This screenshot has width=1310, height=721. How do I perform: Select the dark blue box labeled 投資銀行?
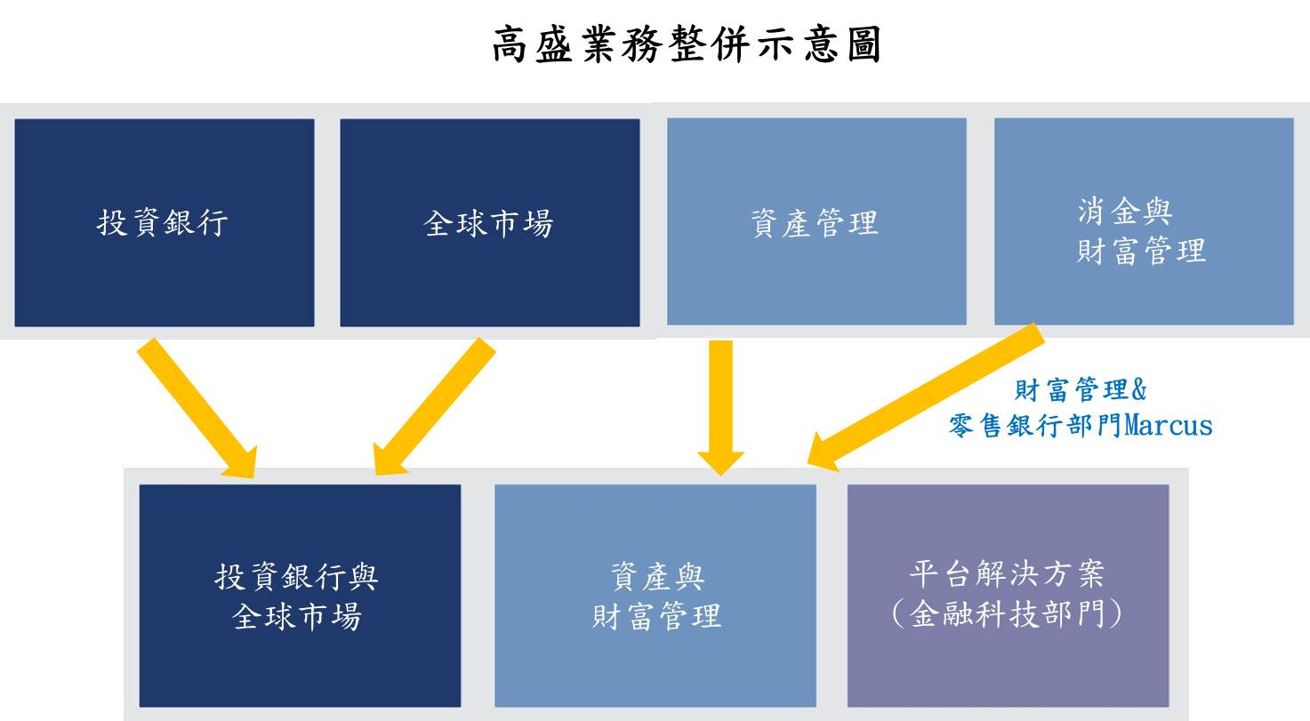click(165, 223)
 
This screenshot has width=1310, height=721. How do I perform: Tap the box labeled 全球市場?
click(489, 223)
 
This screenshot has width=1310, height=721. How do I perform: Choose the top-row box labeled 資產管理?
click(816, 221)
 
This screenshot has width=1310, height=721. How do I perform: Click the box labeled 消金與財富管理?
click(1144, 221)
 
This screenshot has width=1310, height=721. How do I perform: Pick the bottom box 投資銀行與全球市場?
click(300, 596)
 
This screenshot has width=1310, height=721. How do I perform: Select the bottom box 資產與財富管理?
click(655, 596)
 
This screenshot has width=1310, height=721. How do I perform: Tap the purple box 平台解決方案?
click(1009, 596)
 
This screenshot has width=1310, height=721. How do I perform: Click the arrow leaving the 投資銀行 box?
click(197, 408)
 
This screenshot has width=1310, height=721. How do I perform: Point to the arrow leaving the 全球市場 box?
click(435, 406)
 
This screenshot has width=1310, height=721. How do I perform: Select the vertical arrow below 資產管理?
click(720, 407)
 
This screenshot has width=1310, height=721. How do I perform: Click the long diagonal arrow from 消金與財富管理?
click(926, 397)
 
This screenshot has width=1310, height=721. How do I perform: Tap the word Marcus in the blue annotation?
click(1168, 425)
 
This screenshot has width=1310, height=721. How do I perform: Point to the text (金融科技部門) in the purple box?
click(1007, 614)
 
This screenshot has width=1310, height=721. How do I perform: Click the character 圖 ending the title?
click(864, 44)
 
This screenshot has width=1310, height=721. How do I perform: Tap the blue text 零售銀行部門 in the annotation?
click(1036, 426)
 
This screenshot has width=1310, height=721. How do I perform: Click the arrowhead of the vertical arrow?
click(720, 463)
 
